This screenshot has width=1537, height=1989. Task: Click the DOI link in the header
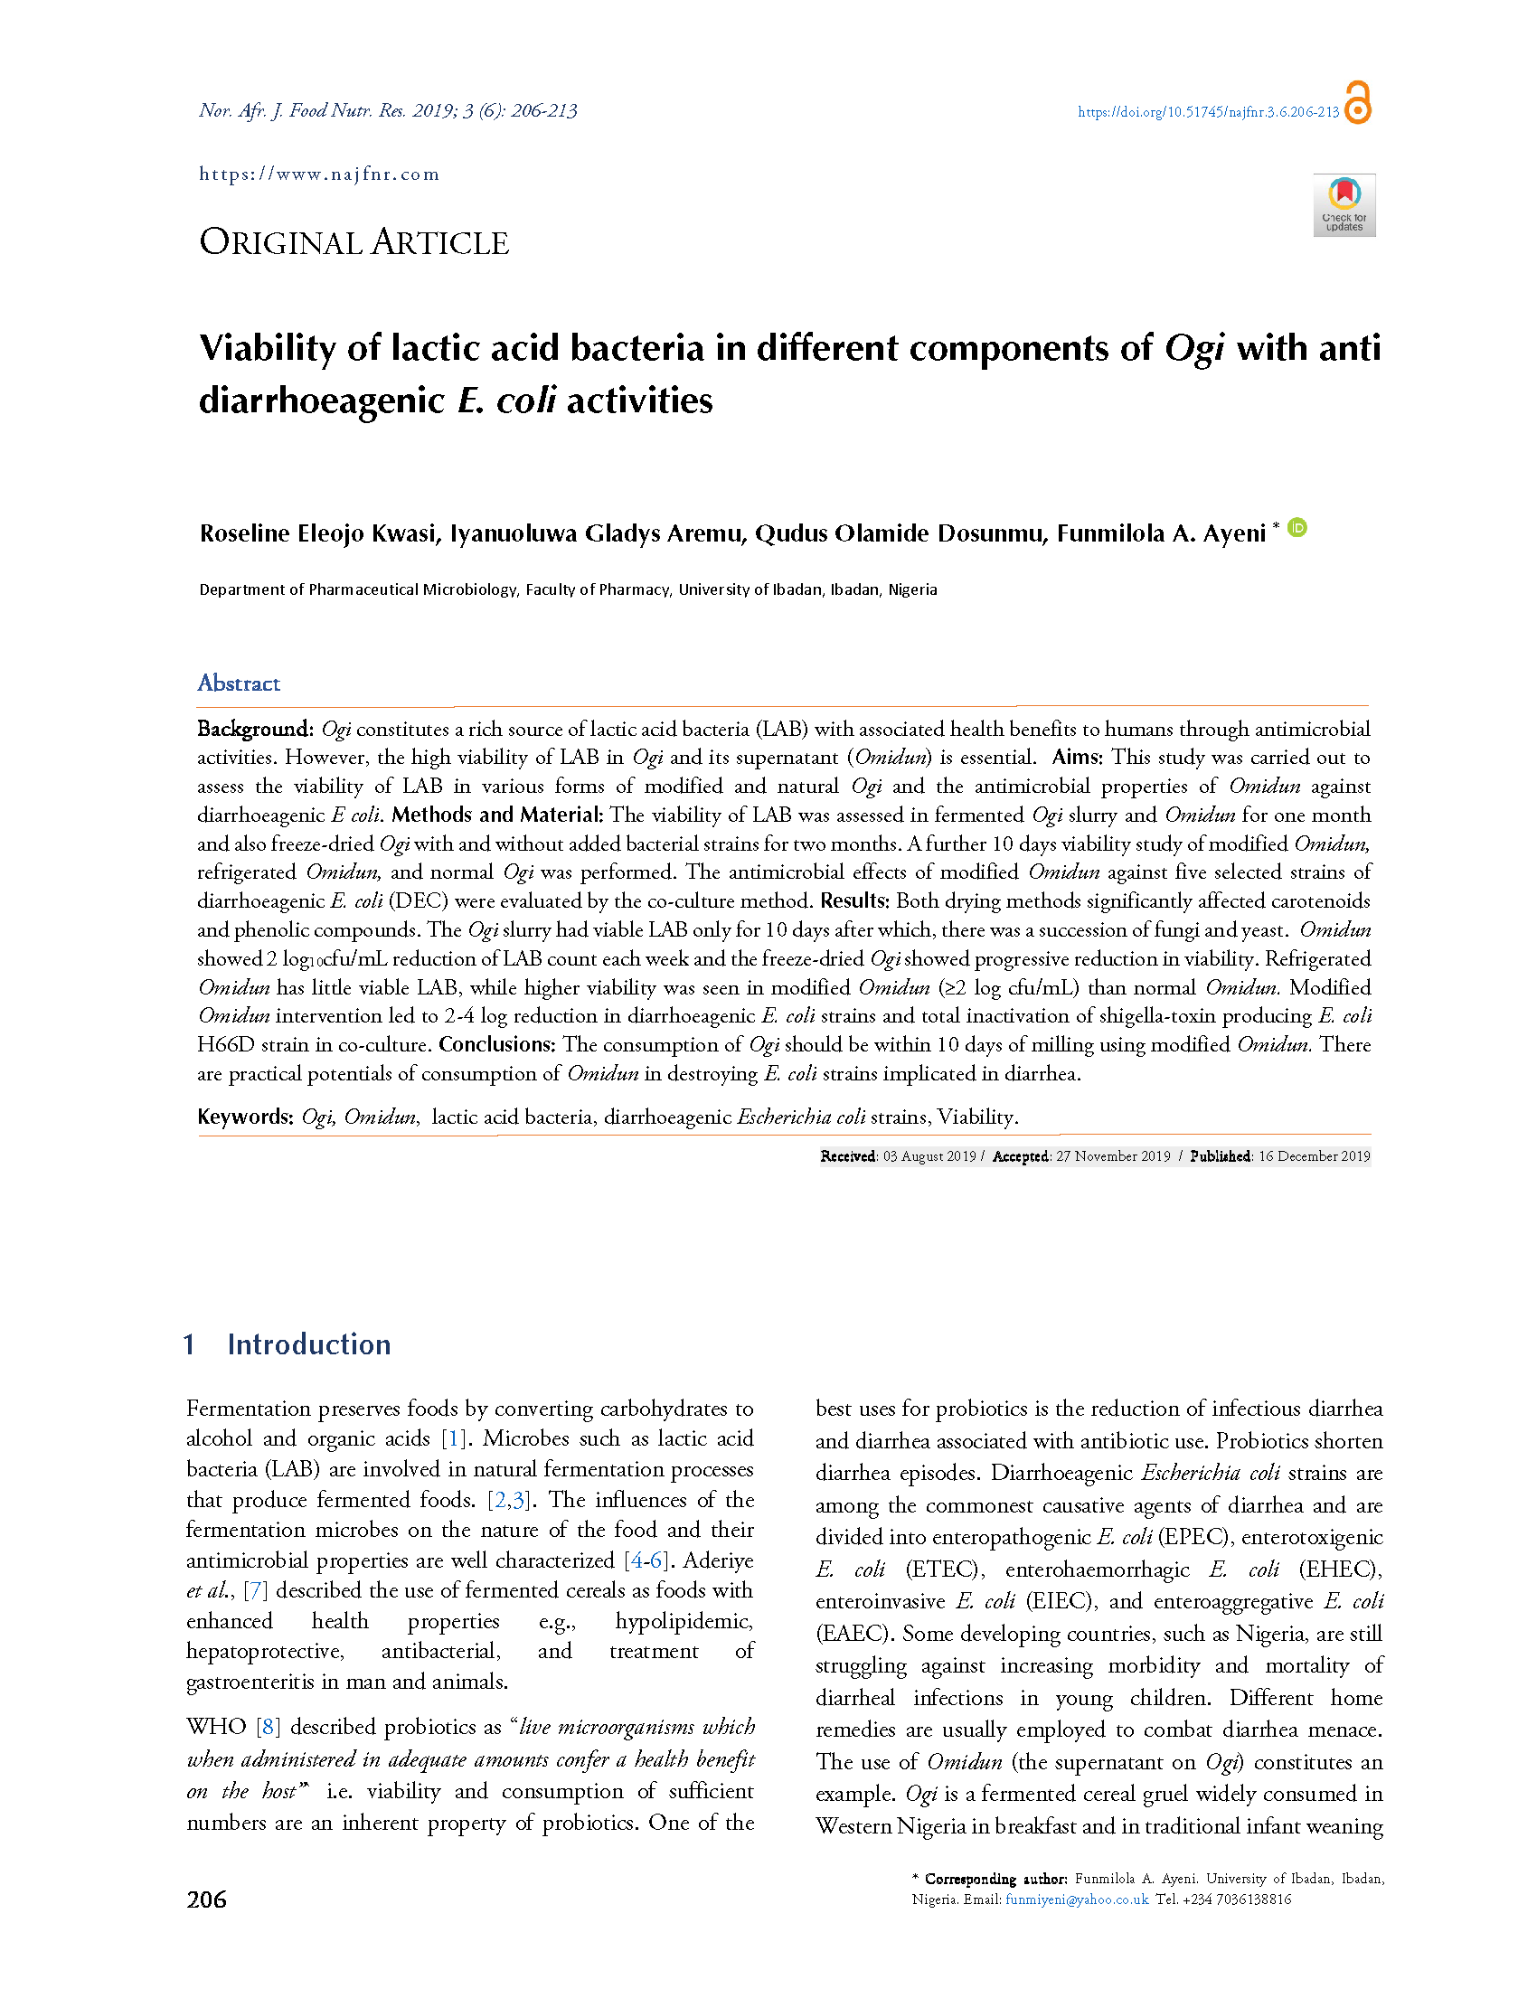click(x=1207, y=112)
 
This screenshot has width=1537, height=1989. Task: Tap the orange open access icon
click(x=1358, y=102)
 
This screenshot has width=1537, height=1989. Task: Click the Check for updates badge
click(x=1344, y=205)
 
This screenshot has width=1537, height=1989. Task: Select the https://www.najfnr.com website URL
click(x=318, y=174)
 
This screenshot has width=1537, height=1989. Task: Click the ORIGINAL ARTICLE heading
click(x=354, y=242)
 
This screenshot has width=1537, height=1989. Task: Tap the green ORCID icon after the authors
click(x=1297, y=527)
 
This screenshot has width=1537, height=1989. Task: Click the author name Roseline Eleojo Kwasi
click(x=317, y=533)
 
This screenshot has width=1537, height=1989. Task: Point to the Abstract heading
click(x=239, y=683)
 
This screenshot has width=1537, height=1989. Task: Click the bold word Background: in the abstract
click(x=255, y=729)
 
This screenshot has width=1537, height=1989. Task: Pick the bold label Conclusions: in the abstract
click(x=496, y=1044)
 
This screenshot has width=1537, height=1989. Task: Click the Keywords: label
click(x=245, y=1117)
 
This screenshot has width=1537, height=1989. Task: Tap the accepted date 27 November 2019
click(x=1113, y=1156)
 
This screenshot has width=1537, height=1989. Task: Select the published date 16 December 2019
click(x=1314, y=1156)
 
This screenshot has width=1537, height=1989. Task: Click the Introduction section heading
click(x=308, y=1344)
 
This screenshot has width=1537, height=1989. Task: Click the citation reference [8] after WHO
click(x=268, y=1727)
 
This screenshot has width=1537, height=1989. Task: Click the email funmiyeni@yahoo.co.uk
click(x=1076, y=1899)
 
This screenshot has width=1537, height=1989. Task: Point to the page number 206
click(x=207, y=1899)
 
